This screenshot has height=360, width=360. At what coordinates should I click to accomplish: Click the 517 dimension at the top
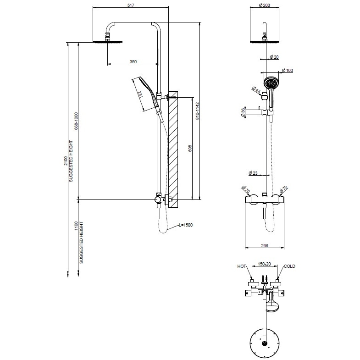click(131, 5)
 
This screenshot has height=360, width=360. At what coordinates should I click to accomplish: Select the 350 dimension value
click(133, 61)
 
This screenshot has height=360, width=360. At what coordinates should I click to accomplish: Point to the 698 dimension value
click(190, 148)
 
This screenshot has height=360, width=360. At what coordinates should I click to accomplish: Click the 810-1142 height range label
click(198, 111)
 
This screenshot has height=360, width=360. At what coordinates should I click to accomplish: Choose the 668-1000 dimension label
click(76, 121)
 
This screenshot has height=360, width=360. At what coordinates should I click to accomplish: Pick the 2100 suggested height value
click(66, 161)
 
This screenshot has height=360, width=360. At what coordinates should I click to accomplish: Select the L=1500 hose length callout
click(186, 226)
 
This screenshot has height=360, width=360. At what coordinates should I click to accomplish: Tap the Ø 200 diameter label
click(264, 5)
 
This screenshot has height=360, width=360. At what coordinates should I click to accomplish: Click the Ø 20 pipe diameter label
click(274, 57)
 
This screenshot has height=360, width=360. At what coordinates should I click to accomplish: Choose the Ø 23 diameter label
click(254, 173)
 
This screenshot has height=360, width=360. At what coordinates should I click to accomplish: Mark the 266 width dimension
click(264, 246)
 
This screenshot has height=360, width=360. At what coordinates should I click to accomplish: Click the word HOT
click(242, 266)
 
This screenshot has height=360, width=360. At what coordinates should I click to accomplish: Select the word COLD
click(289, 266)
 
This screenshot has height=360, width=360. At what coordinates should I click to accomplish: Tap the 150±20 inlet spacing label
click(264, 265)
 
